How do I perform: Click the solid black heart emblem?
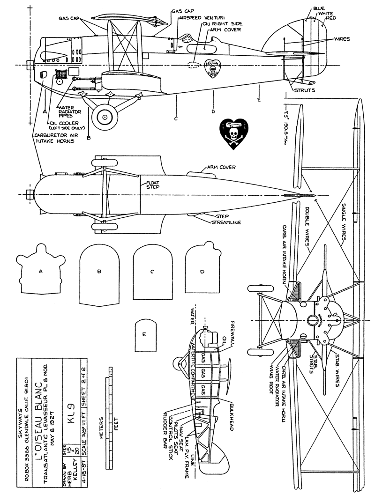coord(233,133)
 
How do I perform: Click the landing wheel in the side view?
coord(105,117)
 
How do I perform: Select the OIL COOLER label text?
coord(63,124)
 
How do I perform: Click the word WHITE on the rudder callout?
coord(326,14)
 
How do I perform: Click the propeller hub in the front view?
coord(312,321)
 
